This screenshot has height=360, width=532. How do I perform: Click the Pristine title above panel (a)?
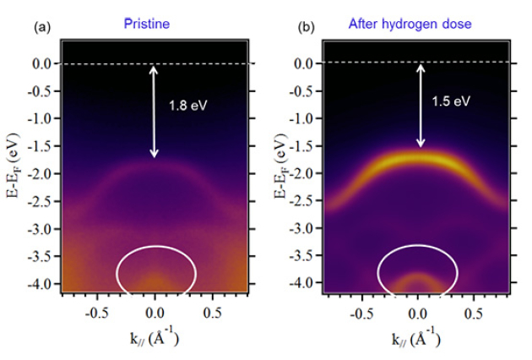(147, 24)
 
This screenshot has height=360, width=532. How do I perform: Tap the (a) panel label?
(41, 27)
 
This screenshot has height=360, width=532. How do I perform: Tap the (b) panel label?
(306, 27)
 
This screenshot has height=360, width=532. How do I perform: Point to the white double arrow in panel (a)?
(154, 111)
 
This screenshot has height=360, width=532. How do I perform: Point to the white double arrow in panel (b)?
(420, 105)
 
